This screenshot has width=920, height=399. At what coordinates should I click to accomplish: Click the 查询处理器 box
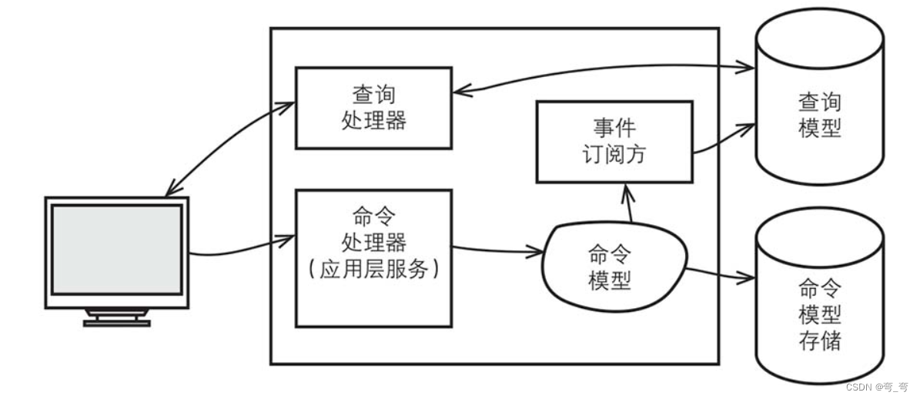373,108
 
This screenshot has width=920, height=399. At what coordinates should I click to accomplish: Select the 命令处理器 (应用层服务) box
373,258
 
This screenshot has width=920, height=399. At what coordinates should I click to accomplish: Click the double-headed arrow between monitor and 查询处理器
231,146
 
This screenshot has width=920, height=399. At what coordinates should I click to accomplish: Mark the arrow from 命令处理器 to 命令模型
497,249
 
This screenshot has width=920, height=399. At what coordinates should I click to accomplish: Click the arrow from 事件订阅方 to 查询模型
724,139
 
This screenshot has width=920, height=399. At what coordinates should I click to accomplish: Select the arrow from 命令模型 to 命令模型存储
720,274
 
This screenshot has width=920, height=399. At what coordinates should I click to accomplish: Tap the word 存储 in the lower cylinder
819,340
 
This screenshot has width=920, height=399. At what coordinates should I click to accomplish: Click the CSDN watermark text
875,386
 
